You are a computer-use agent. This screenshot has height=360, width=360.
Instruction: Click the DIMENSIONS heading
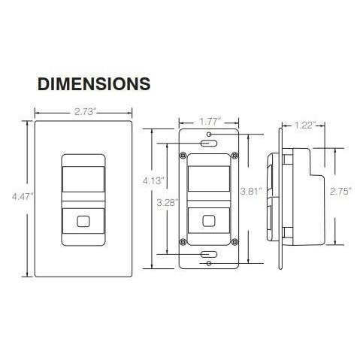94,82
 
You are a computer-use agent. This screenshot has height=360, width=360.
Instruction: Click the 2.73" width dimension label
83,113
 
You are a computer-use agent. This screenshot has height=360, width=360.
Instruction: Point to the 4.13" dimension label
154,180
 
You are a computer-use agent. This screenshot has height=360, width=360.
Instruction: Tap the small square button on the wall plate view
83,223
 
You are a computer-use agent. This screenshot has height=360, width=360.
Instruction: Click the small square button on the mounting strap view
208,222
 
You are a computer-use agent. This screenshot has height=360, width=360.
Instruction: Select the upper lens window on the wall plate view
83,177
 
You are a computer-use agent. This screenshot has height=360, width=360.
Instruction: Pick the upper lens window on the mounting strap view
208,177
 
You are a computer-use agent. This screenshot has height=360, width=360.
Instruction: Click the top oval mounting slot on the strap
208,141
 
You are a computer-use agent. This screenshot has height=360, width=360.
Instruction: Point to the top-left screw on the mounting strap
182,156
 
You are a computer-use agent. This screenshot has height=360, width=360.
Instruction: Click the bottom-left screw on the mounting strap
182,242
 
